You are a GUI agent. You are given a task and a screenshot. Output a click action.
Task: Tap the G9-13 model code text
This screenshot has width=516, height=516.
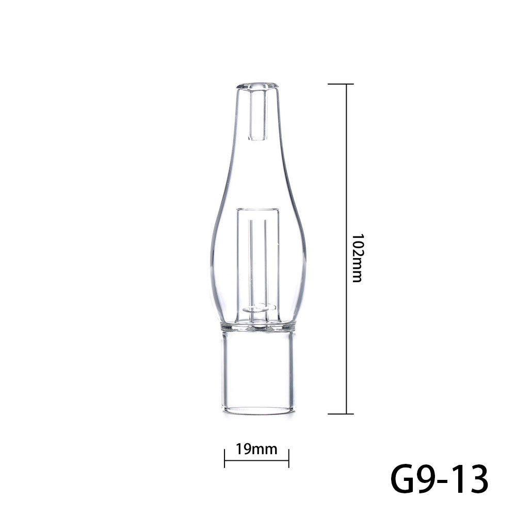tap(438, 479)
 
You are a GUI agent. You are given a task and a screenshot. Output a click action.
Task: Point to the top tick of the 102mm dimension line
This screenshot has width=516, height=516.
tap(341, 84)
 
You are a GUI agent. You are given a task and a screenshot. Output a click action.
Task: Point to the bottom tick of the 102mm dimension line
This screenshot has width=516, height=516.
tap(341, 413)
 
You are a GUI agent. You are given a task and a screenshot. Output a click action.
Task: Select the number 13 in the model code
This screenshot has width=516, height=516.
tap(467, 479)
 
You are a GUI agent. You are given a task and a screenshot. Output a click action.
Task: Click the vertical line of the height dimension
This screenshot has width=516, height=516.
tap(346, 181)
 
